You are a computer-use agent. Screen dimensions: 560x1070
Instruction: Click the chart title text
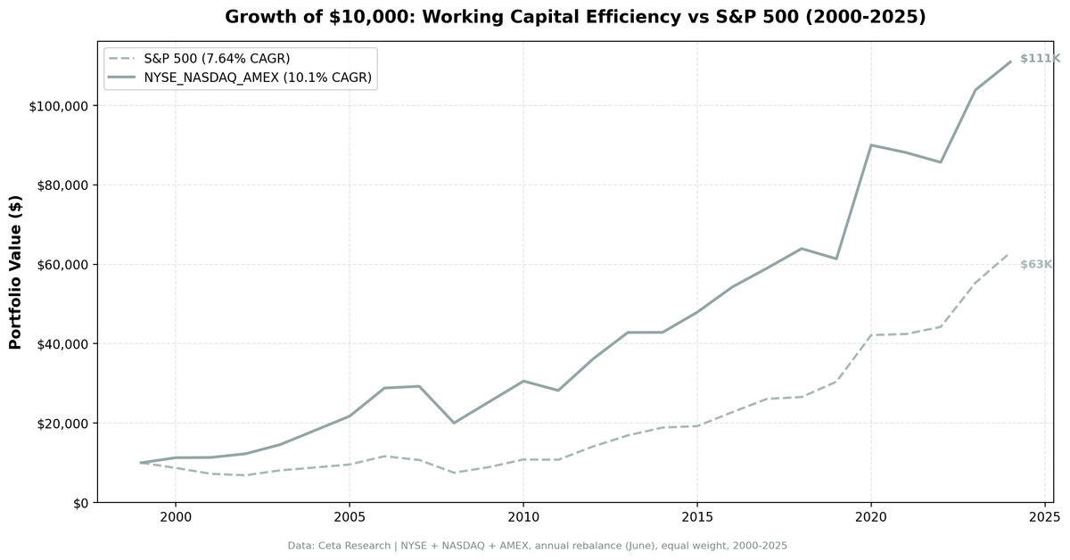575,17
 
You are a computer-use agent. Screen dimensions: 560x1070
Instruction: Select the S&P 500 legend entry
217,59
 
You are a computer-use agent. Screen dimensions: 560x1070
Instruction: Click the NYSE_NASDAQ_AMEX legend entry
258,78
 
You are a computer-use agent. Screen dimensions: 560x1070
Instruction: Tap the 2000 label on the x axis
175,516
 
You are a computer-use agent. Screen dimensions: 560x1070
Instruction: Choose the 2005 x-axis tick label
349,516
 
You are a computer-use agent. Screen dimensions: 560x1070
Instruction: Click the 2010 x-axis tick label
523,516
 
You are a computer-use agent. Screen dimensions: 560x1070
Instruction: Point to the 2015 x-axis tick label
696,516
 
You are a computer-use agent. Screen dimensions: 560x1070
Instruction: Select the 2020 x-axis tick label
870,516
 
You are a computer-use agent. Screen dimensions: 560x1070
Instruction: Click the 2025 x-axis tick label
1044,516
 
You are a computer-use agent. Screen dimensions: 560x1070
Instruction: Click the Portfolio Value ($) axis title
15,273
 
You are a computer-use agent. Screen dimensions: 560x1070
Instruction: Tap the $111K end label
1040,59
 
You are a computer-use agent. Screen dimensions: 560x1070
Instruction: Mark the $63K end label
1036,265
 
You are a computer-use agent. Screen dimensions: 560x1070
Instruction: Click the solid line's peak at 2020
870,145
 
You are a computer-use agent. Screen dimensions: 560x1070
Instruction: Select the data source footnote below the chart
537,545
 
